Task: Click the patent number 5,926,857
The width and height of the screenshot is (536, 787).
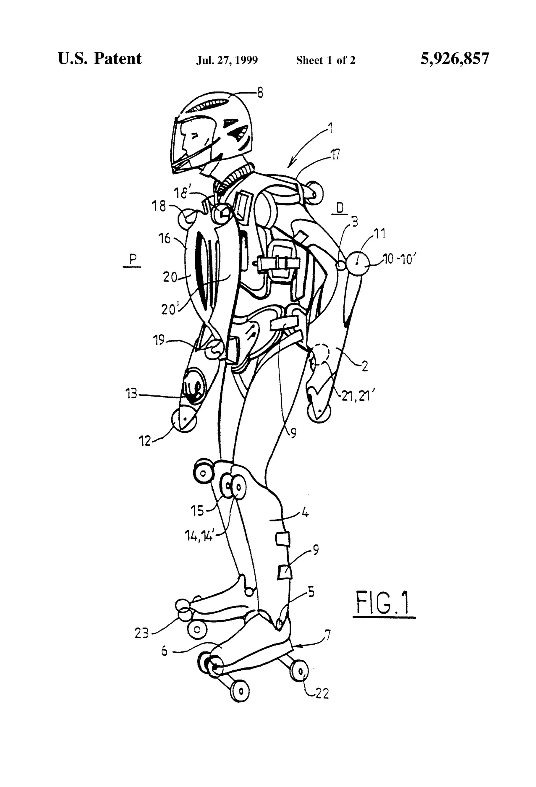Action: (455, 59)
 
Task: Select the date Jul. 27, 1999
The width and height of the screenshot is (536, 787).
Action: (227, 60)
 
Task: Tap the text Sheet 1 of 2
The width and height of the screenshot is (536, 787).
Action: (326, 60)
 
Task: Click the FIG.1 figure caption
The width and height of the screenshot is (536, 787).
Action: (383, 603)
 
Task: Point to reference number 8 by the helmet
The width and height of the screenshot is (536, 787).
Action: (260, 93)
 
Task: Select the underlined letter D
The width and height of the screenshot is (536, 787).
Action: (340, 209)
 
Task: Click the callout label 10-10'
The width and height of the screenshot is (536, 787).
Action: (399, 259)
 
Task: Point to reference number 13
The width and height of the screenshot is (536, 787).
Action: (132, 394)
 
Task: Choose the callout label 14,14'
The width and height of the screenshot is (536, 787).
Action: (199, 536)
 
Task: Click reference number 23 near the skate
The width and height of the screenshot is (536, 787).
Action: (141, 633)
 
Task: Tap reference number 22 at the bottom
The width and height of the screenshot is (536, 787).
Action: (322, 693)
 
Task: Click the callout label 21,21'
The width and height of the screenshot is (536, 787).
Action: (356, 396)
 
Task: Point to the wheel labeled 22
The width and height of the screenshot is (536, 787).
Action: (300, 672)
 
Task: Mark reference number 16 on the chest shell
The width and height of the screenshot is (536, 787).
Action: (164, 239)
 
